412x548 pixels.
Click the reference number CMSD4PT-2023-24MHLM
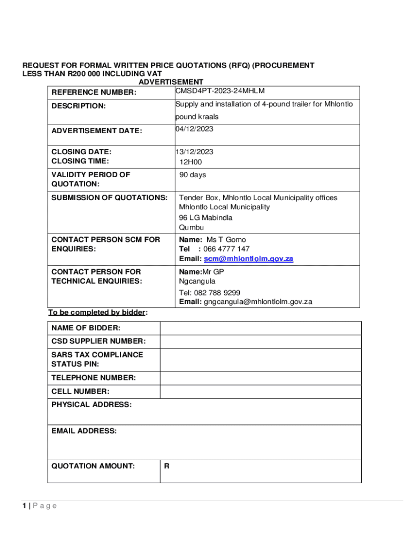tap(220, 91)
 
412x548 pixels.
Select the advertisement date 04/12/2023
tap(194, 129)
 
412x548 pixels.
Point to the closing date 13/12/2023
tap(194, 152)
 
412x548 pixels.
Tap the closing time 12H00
tap(191, 162)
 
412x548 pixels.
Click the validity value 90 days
tap(193, 175)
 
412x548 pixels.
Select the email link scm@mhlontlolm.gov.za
tap(248, 259)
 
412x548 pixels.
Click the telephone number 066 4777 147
tap(226, 249)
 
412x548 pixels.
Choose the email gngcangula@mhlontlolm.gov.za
tap(258, 302)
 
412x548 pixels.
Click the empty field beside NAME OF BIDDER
tap(261, 328)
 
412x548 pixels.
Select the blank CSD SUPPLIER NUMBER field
tap(261, 341)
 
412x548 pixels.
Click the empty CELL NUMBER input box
tap(261, 392)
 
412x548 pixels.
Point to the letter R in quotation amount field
tap(167, 466)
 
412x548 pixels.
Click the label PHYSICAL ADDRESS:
tap(91, 405)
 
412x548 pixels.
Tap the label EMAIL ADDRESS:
tap(84, 431)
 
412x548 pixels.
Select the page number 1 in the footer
tap(24, 506)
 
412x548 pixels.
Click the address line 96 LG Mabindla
tap(205, 218)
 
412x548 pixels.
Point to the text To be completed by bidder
tap(97, 313)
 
